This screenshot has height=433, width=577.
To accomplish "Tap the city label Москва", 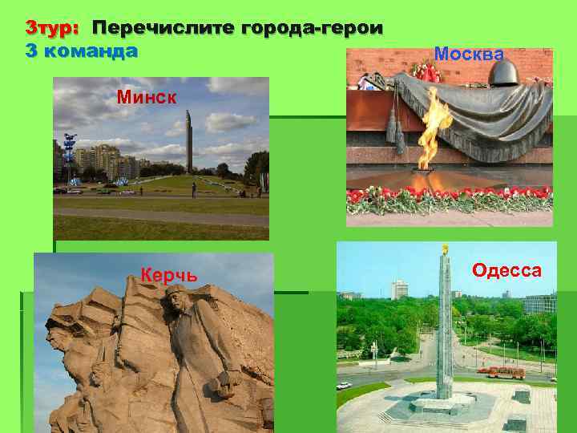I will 469,54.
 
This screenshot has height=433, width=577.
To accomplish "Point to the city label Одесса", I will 506,270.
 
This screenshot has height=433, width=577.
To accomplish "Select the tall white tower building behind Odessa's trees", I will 399,289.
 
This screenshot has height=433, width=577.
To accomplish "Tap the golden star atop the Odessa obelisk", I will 445,249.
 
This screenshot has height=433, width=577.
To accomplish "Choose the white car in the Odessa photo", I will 345,386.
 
